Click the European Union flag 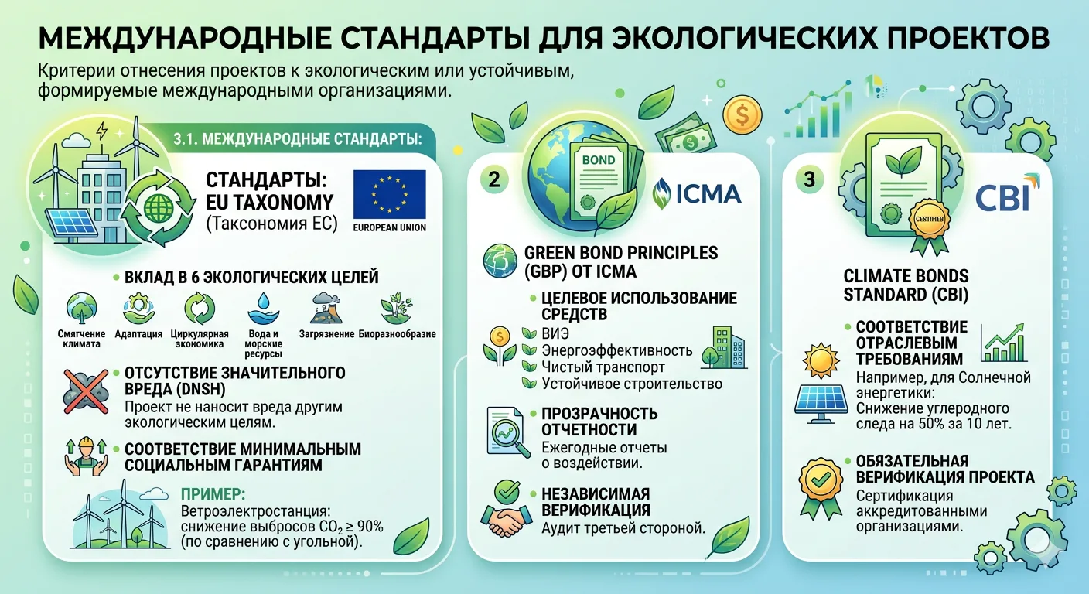pos(389,194)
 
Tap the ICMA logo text pos(708,193)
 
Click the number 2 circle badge pos(494,179)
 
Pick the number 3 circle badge pos(810,179)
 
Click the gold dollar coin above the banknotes pos(742,115)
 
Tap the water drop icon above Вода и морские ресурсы pos(263,308)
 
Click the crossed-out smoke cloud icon pos(86,391)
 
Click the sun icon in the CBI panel pos(821,360)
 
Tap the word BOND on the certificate pos(599,160)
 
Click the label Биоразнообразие pos(398,334)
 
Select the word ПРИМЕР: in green pos(213,494)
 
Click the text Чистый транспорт pos(603,367)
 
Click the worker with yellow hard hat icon pos(86,457)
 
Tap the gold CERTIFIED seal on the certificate pos(930,219)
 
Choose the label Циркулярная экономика pos(200,339)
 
